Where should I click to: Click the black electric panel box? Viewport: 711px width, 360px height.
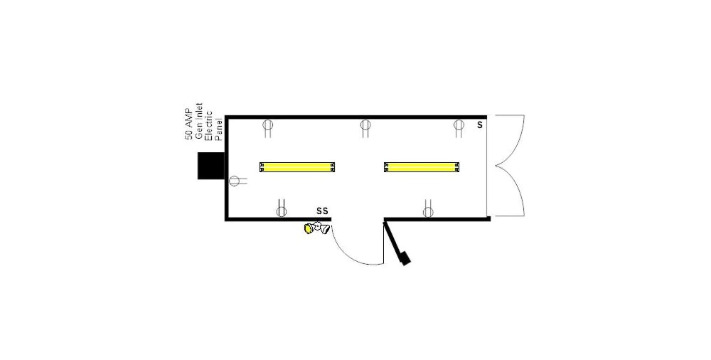(x=211, y=165)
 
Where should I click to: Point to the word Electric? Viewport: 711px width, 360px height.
(x=209, y=125)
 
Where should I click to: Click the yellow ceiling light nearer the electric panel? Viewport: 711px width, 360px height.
(x=297, y=167)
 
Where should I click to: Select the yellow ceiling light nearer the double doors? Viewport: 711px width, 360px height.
(x=422, y=167)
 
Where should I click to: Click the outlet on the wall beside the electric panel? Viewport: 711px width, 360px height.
(x=235, y=181)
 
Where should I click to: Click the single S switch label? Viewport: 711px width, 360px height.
(x=480, y=125)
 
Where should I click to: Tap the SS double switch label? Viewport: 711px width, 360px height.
(x=322, y=211)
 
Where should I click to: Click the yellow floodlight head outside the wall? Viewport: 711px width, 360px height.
(x=309, y=228)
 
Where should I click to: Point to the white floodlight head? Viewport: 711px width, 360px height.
(x=324, y=228)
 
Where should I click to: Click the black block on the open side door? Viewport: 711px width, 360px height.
(x=405, y=258)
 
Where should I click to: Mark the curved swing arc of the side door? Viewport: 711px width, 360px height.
(x=348, y=253)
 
